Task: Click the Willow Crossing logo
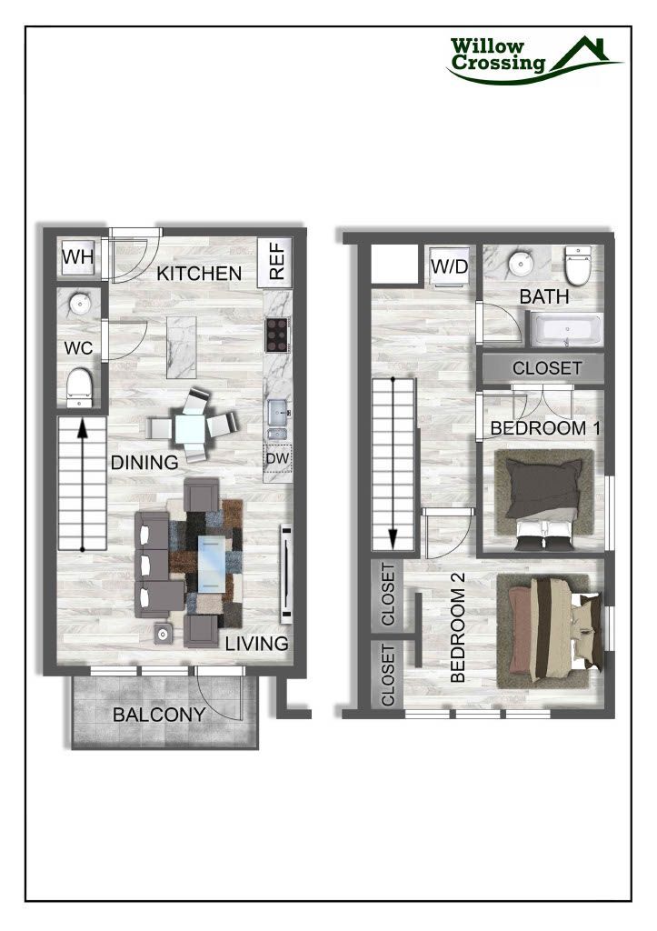pos(534,58)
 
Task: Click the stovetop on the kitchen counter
pos(276,335)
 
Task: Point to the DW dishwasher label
pos(276,458)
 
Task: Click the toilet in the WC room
pos(80,386)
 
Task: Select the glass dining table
pos(194,425)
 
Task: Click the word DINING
pos(144,462)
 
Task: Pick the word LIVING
pos(257,644)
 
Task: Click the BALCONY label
pos(159,715)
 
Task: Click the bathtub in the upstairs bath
pos(565,330)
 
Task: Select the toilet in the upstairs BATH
pos(578,265)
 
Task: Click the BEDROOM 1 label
pos(539,428)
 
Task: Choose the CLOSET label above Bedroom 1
pos(546,368)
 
